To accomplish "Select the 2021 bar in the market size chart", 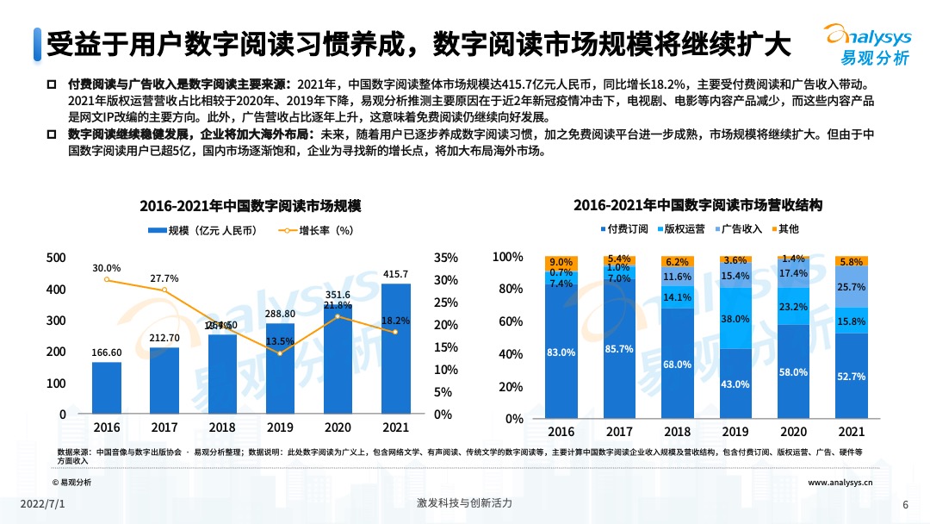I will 396,348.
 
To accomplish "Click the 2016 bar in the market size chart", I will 107,388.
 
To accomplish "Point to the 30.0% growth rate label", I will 107,268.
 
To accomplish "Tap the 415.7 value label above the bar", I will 396,274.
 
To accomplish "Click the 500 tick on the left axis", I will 56,258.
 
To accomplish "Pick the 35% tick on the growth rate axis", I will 444,258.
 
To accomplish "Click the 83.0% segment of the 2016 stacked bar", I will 561,352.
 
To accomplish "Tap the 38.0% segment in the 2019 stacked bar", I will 735,318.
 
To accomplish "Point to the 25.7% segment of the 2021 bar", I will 851,286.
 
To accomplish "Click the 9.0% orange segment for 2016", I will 561,262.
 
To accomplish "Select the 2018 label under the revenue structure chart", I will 677,432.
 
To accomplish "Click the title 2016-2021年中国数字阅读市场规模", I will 250,206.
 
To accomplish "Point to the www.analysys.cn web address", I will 840,483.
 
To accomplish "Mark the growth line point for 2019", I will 281,352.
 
